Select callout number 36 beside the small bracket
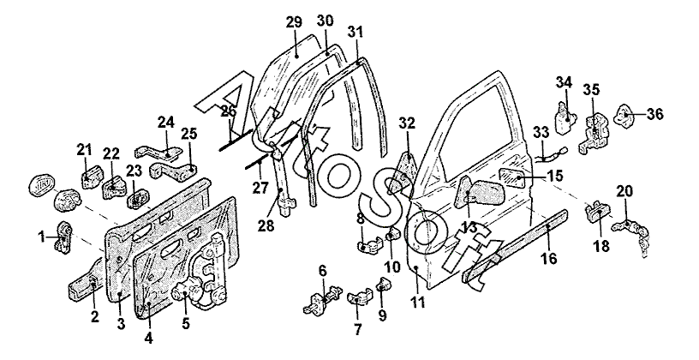click(x=655, y=113)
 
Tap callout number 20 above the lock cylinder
click(x=625, y=191)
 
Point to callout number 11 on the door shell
click(x=419, y=303)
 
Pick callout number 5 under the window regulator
click(x=187, y=324)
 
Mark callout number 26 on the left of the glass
click(x=227, y=111)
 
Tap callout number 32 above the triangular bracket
click(x=406, y=122)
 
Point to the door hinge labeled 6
click(x=320, y=302)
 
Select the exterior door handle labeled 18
click(x=596, y=211)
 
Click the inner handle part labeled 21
click(x=90, y=178)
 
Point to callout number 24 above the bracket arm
click(x=165, y=122)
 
